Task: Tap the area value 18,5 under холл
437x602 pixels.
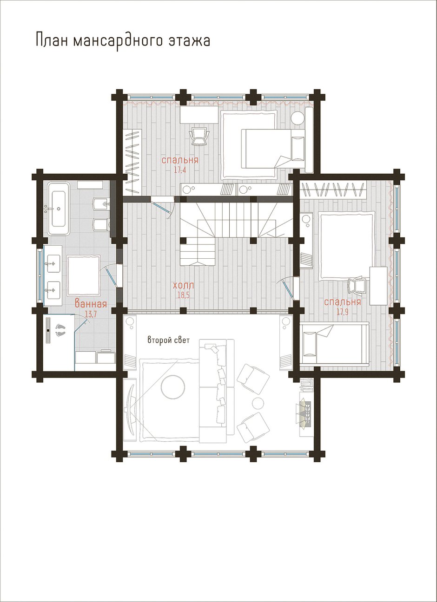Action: click(x=184, y=295)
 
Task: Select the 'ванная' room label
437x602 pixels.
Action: click(x=91, y=304)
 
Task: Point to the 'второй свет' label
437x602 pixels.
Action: click(x=169, y=340)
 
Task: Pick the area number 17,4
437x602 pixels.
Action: click(x=180, y=170)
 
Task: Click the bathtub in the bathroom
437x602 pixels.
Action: click(x=59, y=209)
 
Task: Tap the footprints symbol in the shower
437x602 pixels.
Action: click(x=60, y=331)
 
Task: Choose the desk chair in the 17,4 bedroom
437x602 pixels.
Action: click(x=199, y=136)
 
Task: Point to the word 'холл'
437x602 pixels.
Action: click(x=184, y=285)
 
